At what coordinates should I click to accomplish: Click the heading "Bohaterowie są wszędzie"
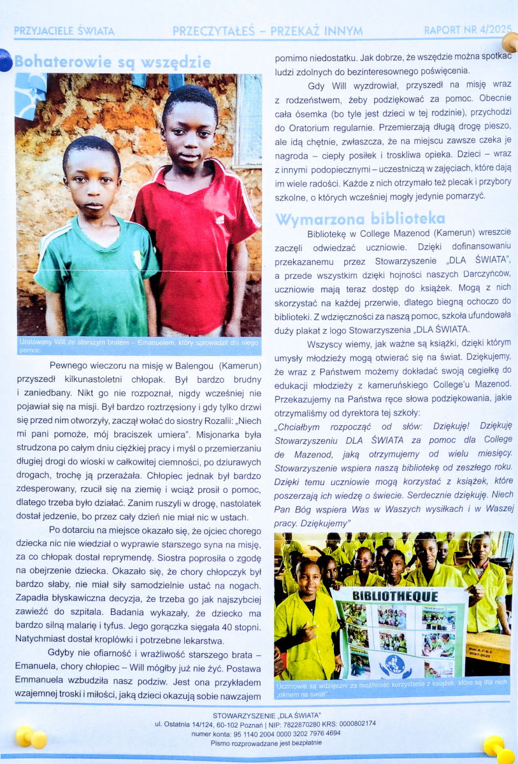pyautogui.click(x=112, y=62)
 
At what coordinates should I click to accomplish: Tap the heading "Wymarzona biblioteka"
pyautogui.click(x=359, y=219)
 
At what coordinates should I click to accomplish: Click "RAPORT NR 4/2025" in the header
pyautogui.click(x=467, y=31)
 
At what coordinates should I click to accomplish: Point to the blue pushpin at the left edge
pyautogui.click(x=4, y=60)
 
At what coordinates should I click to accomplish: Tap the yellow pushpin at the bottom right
pyautogui.click(x=495, y=746)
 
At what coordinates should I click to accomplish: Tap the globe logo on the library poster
pyautogui.click(x=400, y=663)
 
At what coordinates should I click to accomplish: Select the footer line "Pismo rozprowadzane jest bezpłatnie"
pyautogui.click(x=266, y=742)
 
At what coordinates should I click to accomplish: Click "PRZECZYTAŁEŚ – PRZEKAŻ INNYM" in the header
pyautogui.click(x=268, y=31)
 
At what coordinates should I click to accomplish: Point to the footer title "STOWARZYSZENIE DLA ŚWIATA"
pyautogui.click(x=267, y=715)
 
